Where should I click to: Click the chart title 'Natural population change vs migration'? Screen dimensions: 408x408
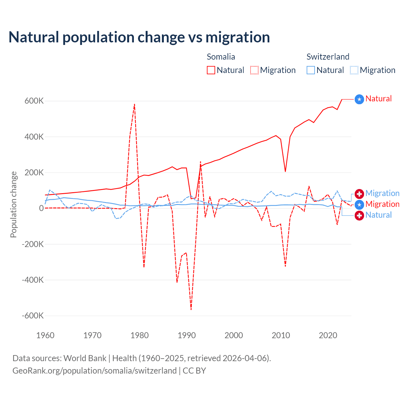point(139,37)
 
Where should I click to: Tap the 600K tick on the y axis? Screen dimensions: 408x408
point(34,101)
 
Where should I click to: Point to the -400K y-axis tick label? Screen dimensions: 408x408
point(33,280)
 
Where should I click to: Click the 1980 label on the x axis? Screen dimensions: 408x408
point(140,335)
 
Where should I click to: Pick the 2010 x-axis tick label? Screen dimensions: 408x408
point(281,335)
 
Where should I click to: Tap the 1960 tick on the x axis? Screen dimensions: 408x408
point(46,335)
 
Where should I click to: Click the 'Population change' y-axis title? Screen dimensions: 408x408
point(13,205)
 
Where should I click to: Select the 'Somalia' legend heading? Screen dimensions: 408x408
point(221,57)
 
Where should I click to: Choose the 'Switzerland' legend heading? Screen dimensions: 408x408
point(328,57)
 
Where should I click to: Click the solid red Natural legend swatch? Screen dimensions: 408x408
point(211,70)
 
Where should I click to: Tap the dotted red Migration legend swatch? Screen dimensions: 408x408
point(254,70)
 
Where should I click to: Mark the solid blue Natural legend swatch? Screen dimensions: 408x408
point(311,70)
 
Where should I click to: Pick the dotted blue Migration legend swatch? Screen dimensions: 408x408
point(354,70)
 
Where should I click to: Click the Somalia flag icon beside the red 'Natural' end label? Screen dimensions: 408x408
point(359,99)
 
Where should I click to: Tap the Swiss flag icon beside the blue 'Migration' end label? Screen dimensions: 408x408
point(359,194)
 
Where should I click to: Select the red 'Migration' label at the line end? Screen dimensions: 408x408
point(382,204)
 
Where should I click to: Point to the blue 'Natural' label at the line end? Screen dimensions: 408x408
point(378,215)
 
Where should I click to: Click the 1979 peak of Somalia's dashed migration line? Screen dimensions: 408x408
point(135,104)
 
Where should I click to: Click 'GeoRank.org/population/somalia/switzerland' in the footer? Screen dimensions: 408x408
point(94,371)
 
